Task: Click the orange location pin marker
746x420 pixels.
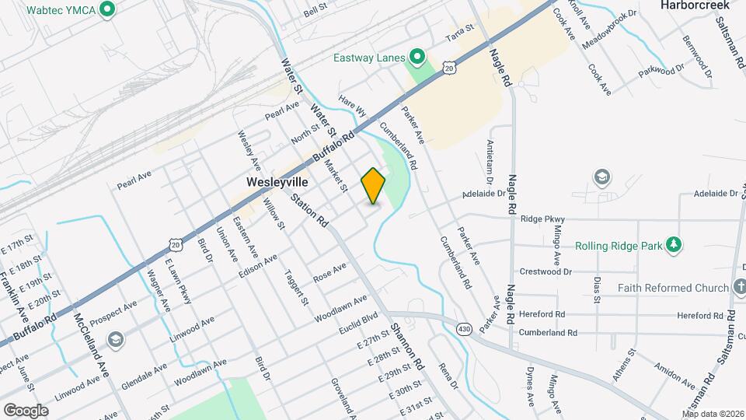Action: pos(373,186)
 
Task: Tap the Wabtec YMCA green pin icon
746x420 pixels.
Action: pos(108,10)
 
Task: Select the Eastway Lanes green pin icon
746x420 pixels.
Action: pos(417,57)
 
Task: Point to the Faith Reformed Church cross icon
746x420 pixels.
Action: pos(735,288)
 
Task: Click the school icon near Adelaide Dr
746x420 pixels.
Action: pos(601,177)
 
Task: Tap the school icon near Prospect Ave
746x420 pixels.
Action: pos(115,339)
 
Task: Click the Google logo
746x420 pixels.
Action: pos(26,410)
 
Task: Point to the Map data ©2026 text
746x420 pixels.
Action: pos(713,414)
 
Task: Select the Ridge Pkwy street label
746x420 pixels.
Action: pos(542,219)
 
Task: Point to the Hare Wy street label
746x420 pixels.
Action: pos(352,107)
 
